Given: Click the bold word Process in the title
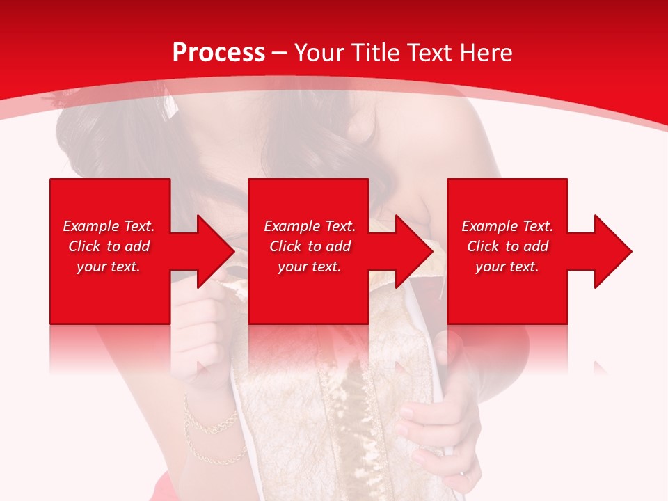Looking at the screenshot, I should (x=218, y=53).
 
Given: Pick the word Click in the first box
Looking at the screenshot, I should (x=85, y=246).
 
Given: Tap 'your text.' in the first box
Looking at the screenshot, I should (x=109, y=267).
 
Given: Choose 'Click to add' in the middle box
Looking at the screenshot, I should (x=310, y=246).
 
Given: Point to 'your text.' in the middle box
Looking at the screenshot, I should (x=310, y=267).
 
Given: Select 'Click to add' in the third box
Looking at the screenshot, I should (x=507, y=246).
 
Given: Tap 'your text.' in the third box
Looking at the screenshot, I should (x=507, y=267).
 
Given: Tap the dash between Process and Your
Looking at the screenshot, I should (x=280, y=54).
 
